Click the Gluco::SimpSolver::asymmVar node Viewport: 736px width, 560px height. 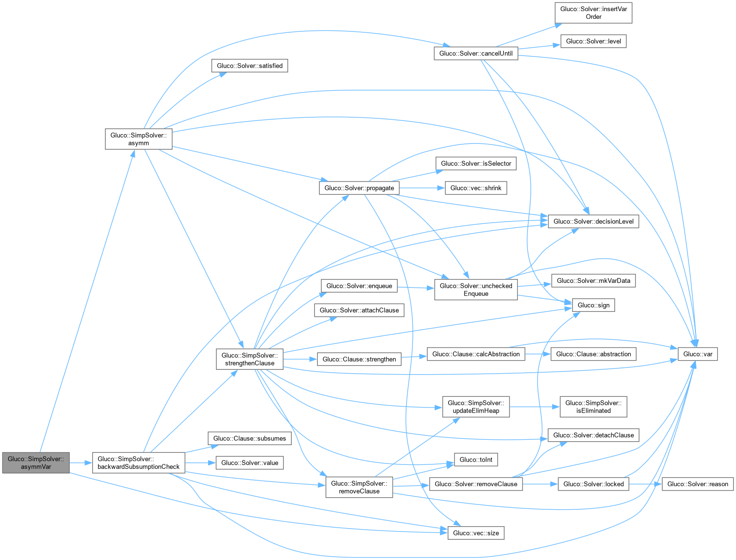pyautogui.click(x=36, y=462)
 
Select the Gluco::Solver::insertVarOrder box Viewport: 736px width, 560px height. pyautogui.click(x=593, y=13)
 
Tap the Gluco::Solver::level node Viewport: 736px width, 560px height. pyautogui.click(x=593, y=41)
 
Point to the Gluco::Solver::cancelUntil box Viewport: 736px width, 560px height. pyautogui.click(x=476, y=53)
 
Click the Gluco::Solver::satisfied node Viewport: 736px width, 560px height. pyautogui.click(x=249, y=66)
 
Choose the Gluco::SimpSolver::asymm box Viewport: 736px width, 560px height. pyautogui.click(x=138, y=139)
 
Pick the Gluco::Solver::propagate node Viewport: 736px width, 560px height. pyautogui.click(x=359, y=188)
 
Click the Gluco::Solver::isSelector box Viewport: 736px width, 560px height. pyautogui.click(x=476, y=163)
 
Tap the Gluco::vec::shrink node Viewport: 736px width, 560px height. pyautogui.click(x=476, y=188)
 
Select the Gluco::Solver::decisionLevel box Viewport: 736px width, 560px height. pyautogui.click(x=593, y=221)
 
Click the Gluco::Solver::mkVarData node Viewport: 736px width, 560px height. pyautogui.click(x=593, y=280)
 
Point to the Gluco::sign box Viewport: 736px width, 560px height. pyautogui.click(x=593, y=305)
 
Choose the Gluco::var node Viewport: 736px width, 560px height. pyautogui.click(x=697, y=354)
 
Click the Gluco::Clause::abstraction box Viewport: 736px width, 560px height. pyautogui.click(x=593, y=354)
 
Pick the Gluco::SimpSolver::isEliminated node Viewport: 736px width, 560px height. pyautogui.click(x=593, y=406)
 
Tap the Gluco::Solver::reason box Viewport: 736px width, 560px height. pyautogui.click(x=697, y=484)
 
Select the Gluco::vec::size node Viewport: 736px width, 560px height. pyautogui.click(x=476, y=533)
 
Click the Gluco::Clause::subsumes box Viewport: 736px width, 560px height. pyautogui.click(x=249, y=438)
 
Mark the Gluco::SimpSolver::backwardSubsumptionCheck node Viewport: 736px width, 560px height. pyautogui.click(x=138, y=462)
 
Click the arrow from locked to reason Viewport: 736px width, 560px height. pyautogui.click(x=645, y=484)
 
